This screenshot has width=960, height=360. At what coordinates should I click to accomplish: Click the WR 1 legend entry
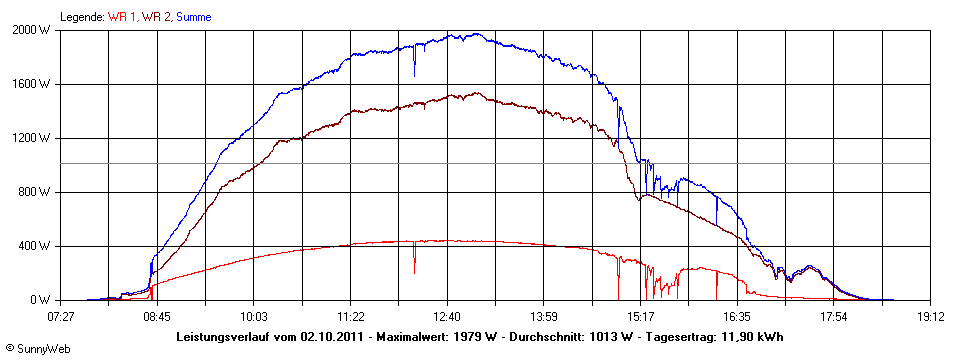[x=123, y=17]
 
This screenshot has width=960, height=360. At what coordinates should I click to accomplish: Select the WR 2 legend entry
[x=157, y=17]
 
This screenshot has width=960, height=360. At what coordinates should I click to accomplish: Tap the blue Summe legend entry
[x=194, y=17]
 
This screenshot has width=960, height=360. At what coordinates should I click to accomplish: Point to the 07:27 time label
[x=61, y=317]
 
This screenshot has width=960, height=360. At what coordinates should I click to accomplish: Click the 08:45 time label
[x=158, y=317]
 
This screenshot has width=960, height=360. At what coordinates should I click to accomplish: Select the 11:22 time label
[x=351, y=317]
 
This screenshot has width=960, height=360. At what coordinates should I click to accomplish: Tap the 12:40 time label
[x=448, y=317]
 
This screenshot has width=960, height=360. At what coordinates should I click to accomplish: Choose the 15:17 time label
[x=641, y=317]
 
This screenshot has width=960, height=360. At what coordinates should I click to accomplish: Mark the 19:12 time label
[x=931, y=317]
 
